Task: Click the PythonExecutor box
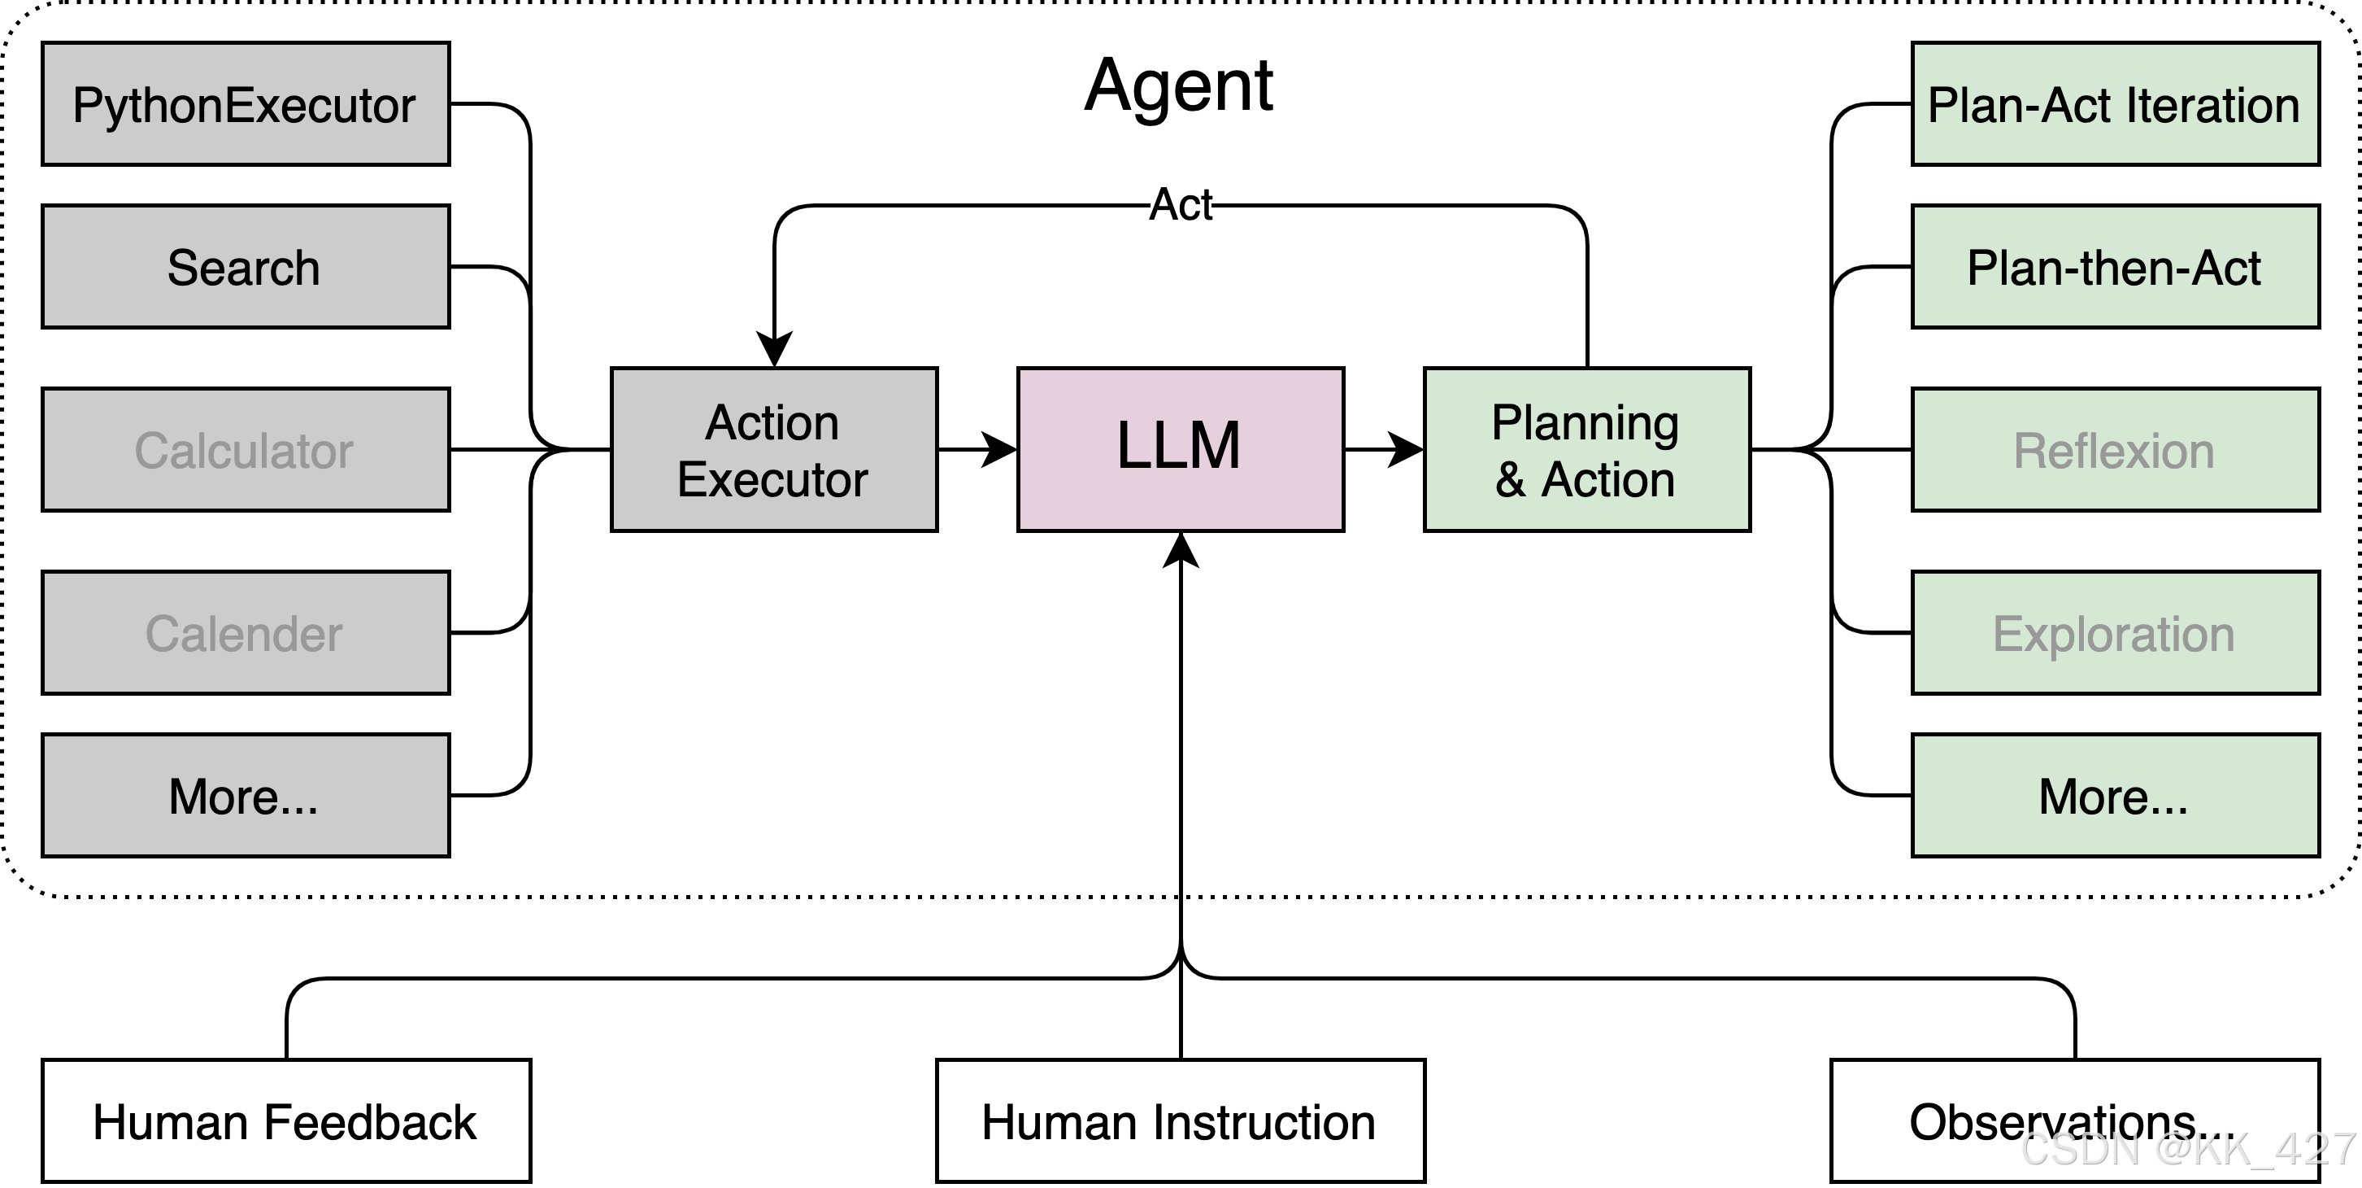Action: coord(246,103)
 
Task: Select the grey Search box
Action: coord(246,266)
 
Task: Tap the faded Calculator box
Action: coord(246,449)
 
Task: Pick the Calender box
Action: coord(246,632)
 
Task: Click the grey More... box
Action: coord(246,794)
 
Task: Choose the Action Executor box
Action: coord(774,449)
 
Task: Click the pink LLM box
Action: coord(1180,449)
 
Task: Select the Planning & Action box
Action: coord(1586,449)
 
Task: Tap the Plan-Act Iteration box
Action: coord(2115,103)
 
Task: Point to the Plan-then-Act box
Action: coord(2115,266)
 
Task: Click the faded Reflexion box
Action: coord(2115,449)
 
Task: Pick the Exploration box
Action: coord(2115,632)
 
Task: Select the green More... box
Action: coord(2115,794)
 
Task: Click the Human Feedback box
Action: coord(286,1120)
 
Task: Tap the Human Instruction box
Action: coord(1180,1120)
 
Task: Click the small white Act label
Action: coord(1180,204)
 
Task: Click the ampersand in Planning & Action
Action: coord(1510,480)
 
